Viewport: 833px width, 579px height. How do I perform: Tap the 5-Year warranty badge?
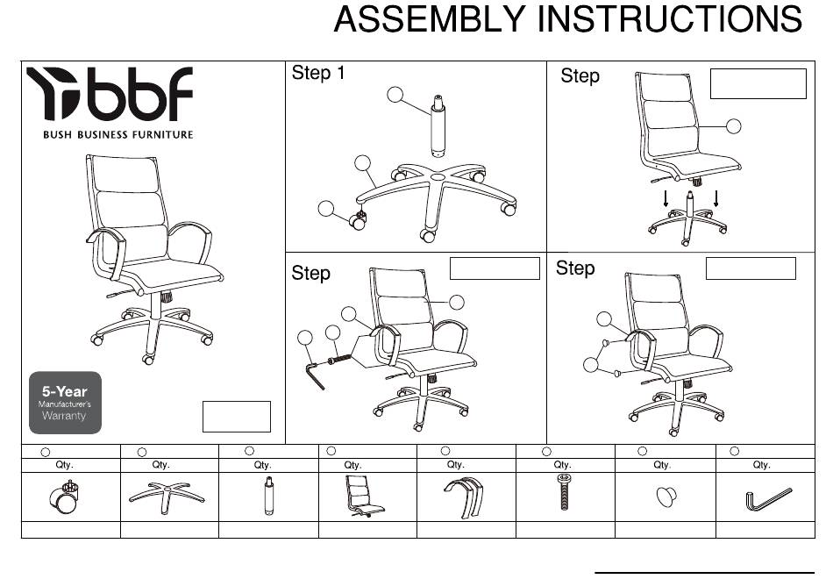coord(65,403)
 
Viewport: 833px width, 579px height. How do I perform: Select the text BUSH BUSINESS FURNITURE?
coord(117,134)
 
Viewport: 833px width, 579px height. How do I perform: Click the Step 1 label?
coord(318,74)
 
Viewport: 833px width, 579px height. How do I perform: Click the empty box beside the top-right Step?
coord(758,83)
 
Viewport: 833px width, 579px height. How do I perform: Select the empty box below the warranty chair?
coord(236,416)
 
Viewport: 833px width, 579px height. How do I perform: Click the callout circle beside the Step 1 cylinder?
coord(396,94)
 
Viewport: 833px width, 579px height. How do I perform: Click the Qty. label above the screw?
coord(563,465)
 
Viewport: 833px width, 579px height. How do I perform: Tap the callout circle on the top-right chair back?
coord(733,126)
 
